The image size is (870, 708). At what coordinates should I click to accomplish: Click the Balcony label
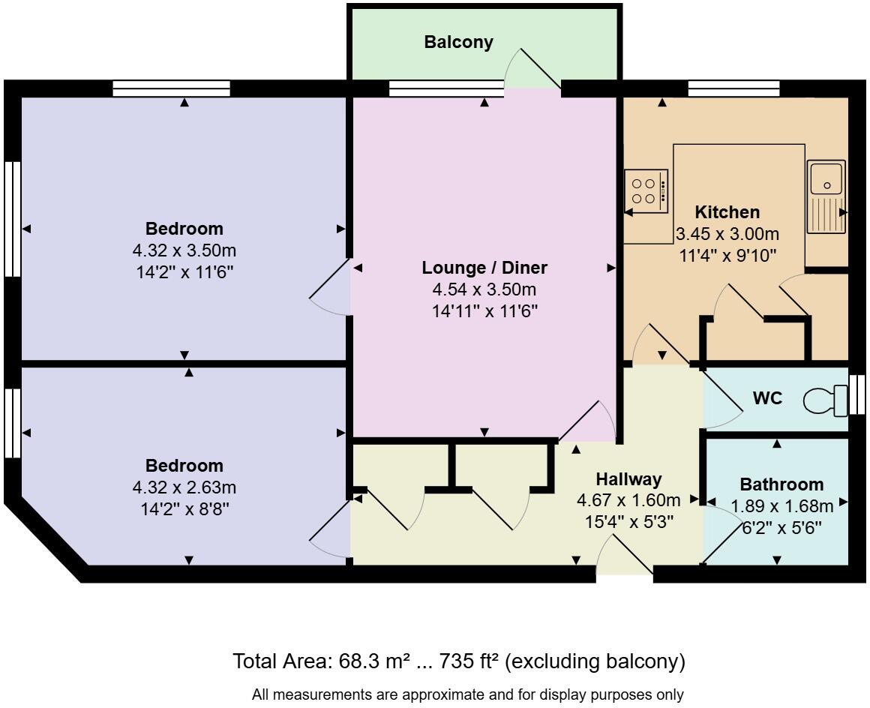coord(459,42)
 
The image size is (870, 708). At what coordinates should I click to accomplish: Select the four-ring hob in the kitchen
coord(646,191)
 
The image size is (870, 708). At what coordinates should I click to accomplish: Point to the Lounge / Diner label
coord(484,268)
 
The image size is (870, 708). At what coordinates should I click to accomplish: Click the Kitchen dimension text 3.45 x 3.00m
coord(727,234)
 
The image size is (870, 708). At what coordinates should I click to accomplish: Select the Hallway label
coord(628,479)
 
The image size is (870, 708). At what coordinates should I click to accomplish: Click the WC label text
coord(767,398)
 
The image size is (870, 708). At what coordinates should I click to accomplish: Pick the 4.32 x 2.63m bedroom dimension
coord(184,487)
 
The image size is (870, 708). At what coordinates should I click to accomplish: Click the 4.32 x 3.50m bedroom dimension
coord(184,250)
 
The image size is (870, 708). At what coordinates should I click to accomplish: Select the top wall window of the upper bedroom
coord(171,89)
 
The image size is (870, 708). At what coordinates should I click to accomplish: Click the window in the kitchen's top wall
coord(733,89)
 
